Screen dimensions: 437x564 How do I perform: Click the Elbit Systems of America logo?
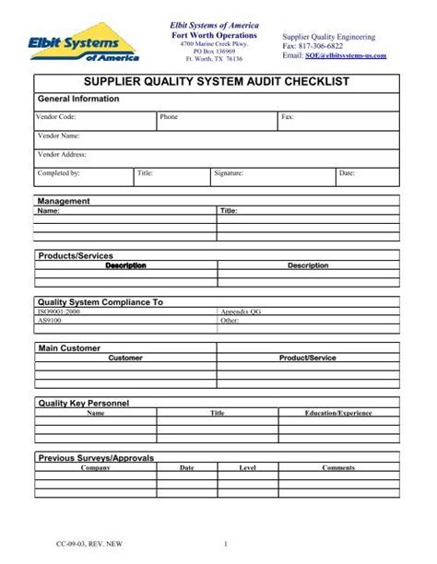point(87,41)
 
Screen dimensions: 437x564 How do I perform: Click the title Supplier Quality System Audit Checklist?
point(218,84)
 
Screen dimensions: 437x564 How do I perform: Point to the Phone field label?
point(169,118)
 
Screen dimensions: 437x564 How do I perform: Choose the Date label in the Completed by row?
point(347,172)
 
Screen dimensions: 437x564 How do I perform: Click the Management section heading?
point(63,201)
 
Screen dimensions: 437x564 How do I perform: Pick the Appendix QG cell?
point(241,311)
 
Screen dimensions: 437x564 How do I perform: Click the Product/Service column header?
point(308,358)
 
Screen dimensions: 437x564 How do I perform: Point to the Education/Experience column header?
point(338,413)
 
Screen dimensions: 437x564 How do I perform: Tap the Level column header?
point(247,467)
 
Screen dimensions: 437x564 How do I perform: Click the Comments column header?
point(338,467)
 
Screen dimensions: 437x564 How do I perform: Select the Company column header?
point(95,467)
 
